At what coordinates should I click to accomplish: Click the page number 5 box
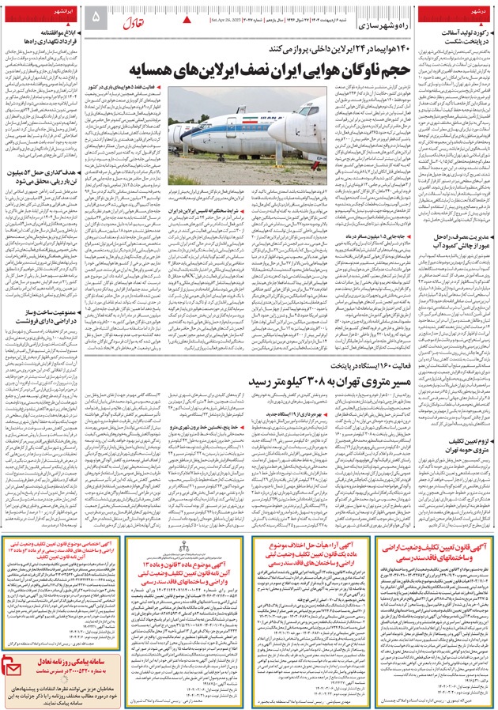pos(97,16)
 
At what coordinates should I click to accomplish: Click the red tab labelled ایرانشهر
pos(59,13)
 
